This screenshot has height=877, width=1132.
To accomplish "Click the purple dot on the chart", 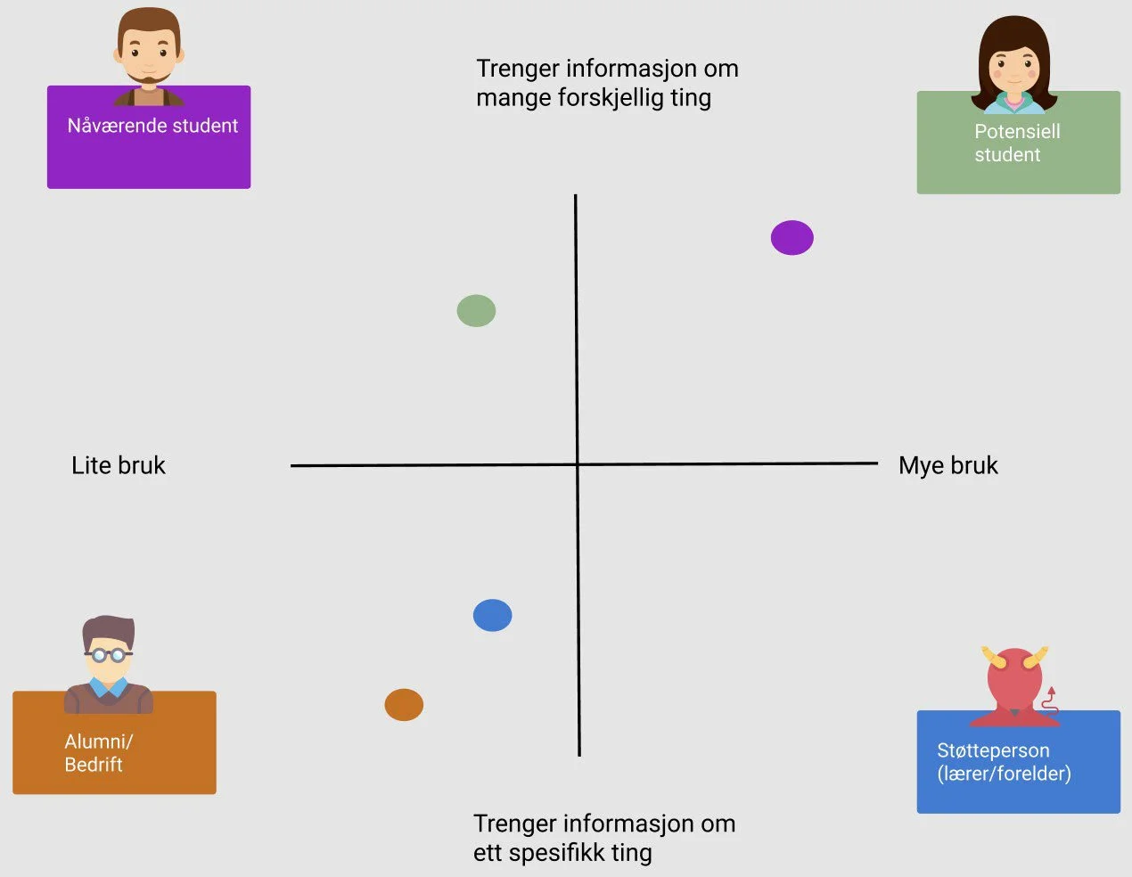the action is pyautogui.click(x=792, y=238).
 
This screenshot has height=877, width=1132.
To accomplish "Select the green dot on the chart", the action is pyautogui.click(x=476, y=311).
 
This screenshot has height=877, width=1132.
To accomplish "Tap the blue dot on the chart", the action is pyautogui.click(x=492, y=615).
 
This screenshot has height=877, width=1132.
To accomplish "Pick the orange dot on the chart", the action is pyautogui.click(x=404, y=705).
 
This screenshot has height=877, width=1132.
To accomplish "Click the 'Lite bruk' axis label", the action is pyautogui.click(x=119, y=465).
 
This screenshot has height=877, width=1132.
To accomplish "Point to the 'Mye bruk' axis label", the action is pyautogui.click(x=947, y=465).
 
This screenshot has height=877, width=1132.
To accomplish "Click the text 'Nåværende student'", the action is pyautogui.click(x=152, y=126).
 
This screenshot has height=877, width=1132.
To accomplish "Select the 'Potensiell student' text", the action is pyautogui.click(x=1017, y=143).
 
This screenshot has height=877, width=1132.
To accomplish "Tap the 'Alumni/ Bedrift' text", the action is pyautogui.click(x=98, y=752).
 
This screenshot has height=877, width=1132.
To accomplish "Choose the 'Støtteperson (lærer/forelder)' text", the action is pyautogui.click(x=1004, y=762).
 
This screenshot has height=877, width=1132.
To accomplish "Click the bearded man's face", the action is pyautogui.click(x=148, y=53).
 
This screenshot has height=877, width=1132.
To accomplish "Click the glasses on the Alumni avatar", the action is pyautogui.click(x=109, y=655).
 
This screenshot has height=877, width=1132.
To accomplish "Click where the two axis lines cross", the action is pyautogui.click(x=578, y=464).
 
